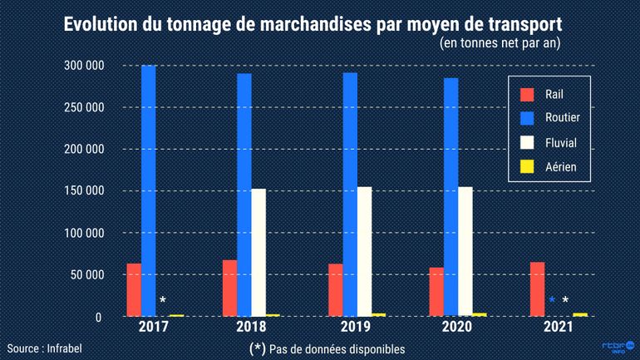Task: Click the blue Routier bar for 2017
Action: tap(148, 190)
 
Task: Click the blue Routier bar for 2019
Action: tap(350, 195)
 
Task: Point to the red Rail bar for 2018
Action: tap(229, 288)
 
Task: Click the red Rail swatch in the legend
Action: tap(525, 94)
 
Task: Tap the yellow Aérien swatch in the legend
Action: tap(525, 167)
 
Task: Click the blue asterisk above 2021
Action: tap(552, 301)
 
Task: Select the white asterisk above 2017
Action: tap(162, 301)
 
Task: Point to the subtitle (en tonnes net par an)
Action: tap(498, 43)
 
